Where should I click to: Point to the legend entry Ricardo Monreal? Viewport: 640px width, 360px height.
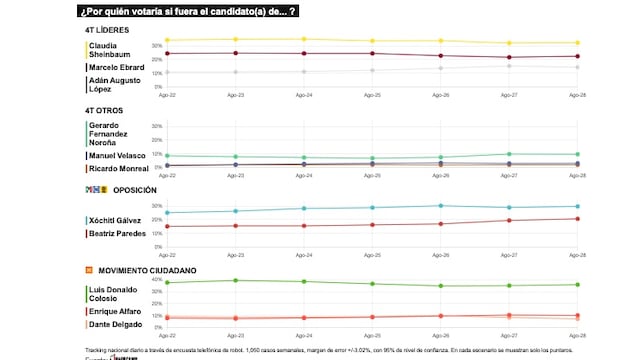118,169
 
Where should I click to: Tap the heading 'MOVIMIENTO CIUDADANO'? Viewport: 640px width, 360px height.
146,270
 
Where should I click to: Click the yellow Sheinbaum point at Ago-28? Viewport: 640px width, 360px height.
575,43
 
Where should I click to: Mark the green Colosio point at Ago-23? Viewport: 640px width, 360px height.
235,280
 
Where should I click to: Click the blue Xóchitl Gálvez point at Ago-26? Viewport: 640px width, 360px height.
439,206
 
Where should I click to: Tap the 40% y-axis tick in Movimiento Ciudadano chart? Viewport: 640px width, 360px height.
155,280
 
